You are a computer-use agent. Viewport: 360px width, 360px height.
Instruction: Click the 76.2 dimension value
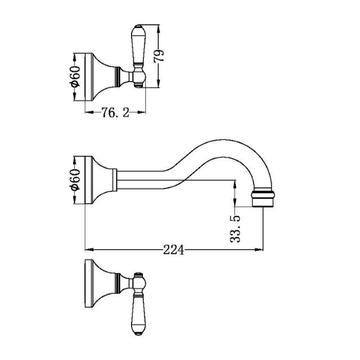pos(114,112)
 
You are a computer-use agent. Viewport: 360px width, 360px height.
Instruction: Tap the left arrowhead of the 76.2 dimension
pos(87,112)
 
